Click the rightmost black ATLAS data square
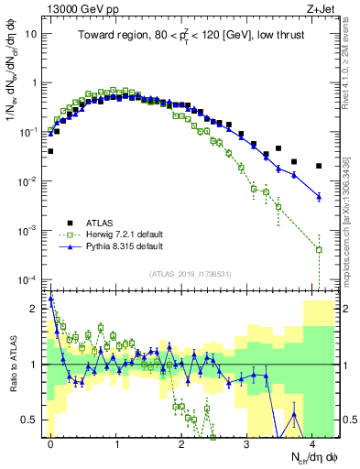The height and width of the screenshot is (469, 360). (x=319, y=166)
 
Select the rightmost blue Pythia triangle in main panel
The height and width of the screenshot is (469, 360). (x=319, y=196)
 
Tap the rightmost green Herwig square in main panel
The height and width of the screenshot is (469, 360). (x=319, y=249)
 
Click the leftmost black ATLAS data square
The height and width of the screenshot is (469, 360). (x=50, y=151)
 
